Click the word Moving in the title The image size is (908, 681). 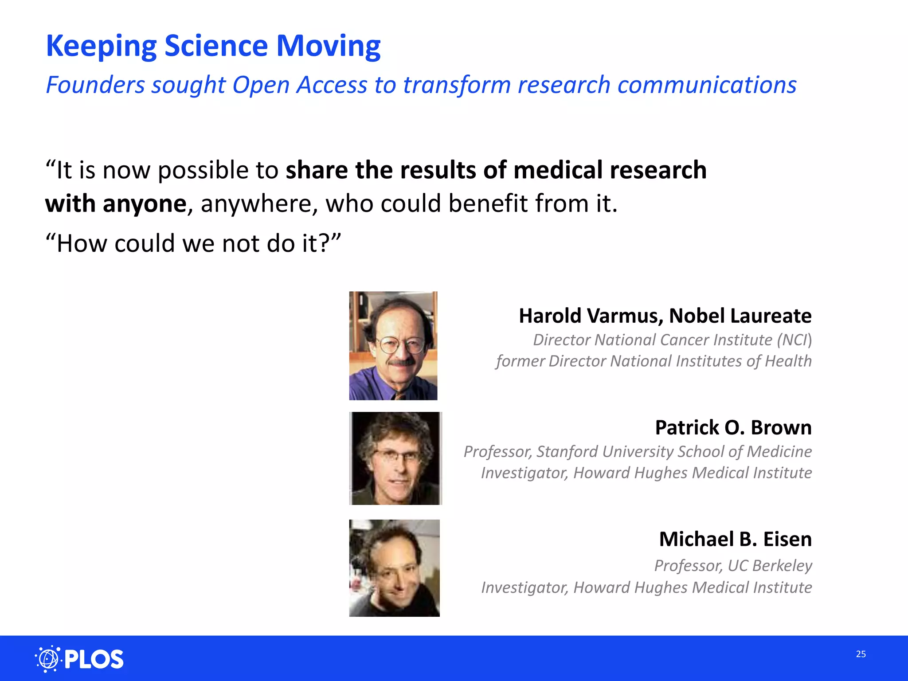[x=328, y=46]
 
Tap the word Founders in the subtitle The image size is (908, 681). [x=95, y=85]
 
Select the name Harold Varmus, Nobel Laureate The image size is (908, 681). [x=665, y=316]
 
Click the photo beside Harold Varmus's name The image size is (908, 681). [x=393, y=346]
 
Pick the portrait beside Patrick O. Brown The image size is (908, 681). [x=395, y=458]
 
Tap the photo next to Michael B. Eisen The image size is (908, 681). [x=394, y=568]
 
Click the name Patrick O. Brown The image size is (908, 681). [x=733, y=428]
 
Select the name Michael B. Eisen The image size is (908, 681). [x=735, y=540]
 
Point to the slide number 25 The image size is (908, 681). [x=861, y=654]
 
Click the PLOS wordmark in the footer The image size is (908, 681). [x=94, y=659]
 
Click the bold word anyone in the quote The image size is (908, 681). [x=144, y=204]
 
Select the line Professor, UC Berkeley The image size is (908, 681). [x=733, y=566]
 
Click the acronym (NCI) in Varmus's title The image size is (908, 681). [x=794, y=340]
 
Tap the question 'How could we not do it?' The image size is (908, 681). [x=193, y=243]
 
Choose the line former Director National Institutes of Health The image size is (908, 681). [x=654, y=361]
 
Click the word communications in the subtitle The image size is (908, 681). [x=707, y=85]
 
